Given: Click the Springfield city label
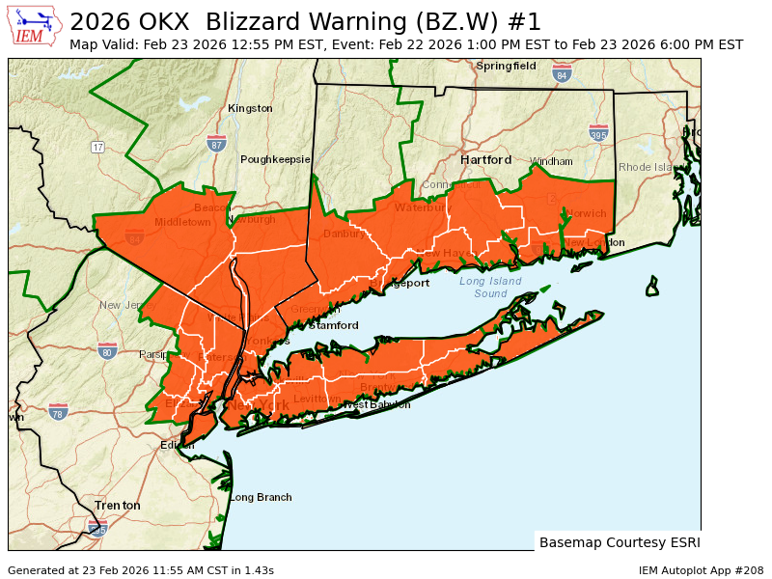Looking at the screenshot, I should click(506, 66).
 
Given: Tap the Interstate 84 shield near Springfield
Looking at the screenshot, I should click(563, 73).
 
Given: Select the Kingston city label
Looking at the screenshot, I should click(250, 109).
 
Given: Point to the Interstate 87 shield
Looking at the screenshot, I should click(216, 144).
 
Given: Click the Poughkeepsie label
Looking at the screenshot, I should click(275, 159).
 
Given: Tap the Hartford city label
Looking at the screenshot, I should click(485, 159).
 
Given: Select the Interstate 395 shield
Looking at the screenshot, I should click(598, 133).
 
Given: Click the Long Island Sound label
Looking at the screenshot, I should click(490, 287).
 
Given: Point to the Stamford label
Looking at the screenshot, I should click(333, 325).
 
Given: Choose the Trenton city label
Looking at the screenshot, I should click(117, 505).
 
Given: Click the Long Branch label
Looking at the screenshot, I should click(261, 497).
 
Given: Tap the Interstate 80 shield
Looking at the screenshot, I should click(107, 351).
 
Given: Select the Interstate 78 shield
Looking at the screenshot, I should click(58, 412).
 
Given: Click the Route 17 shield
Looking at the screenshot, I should click(97, 147).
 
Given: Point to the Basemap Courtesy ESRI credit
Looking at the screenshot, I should click(619, 541).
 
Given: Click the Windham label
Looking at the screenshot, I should click(551, 161).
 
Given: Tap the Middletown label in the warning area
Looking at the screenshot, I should click(182, 222).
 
